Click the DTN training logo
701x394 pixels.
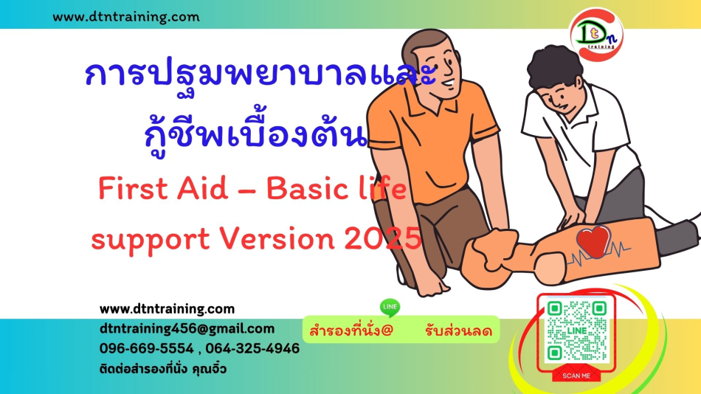tap(596, 34)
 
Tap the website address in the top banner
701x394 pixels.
tap(126, 17)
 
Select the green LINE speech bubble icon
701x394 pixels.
tap(390, 307)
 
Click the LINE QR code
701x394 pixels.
tap(577, 331)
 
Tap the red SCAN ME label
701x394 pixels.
tap(576, 376)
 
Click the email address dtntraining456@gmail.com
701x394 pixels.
tap(187, 329)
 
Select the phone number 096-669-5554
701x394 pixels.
tap(147, 348)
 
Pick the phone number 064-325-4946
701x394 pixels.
tap(252, 348)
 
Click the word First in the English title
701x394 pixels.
tap(132, 188)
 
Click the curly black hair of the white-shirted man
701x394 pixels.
tap(554, 66)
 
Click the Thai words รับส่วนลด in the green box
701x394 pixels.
tap(459, 331)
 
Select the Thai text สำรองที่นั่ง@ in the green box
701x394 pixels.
tap(351, 331)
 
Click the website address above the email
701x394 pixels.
tap(167, 309)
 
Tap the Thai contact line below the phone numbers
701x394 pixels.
tap(163, 370)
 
